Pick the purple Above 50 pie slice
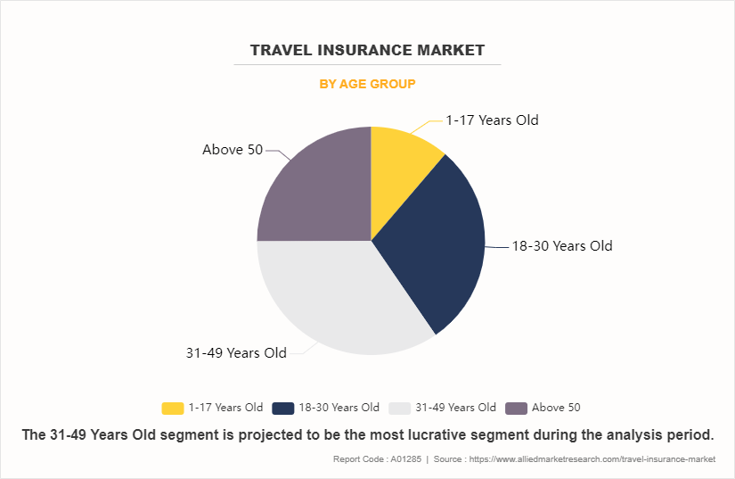[316, 192]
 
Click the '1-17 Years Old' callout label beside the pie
[492, 120]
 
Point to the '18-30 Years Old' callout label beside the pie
[561, 246]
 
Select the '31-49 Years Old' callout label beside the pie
[236, 353]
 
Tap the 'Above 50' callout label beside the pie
[233, 150]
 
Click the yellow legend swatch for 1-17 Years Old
[172, 408]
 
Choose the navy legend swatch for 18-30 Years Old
[283, 408]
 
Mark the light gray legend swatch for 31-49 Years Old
[400, 408]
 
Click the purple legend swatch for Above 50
[516, 408]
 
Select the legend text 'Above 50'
[556, 408]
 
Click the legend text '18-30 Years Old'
[339, 408]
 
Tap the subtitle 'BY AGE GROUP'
[367, 84]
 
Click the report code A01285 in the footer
[399, 459]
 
